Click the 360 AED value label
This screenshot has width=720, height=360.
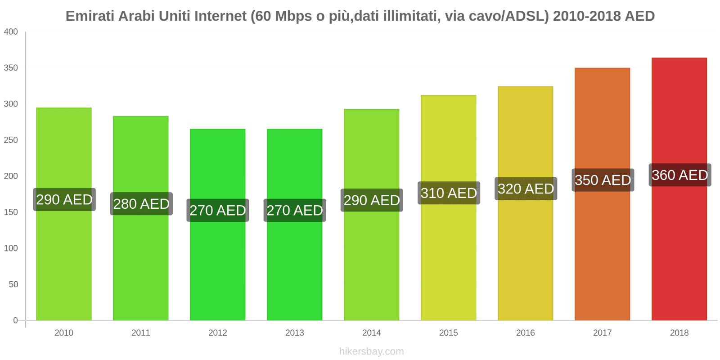pos(680,175)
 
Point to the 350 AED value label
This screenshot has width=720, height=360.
pos(603,180)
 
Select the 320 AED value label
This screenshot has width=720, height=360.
pos(526,189)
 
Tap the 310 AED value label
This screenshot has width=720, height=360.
pos(449,193)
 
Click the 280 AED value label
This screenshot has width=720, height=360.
pos(141,204)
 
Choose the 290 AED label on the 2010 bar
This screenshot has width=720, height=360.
pos(64,199)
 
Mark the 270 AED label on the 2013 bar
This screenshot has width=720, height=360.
pos(295,210)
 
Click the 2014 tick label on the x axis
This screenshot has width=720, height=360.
pos(371,333)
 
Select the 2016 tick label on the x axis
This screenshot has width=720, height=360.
pos(525,333)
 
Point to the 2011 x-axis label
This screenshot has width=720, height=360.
pos(140,333)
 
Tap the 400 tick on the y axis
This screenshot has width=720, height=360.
pos(11,31)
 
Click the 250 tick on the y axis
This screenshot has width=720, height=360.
pos(11,140)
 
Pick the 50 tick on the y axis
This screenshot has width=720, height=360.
pos(13,284)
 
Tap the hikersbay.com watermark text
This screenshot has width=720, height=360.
pos(371,351)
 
